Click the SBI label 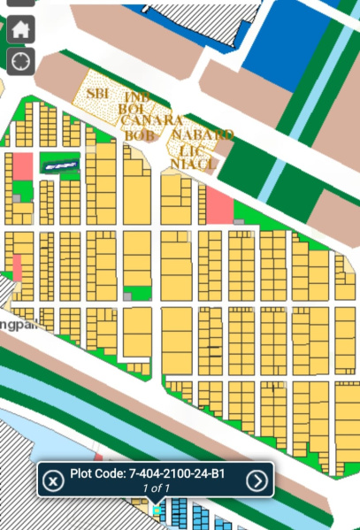coord(96,92)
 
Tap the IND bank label coord(137,96)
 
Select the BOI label coord(134,108)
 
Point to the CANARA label coord(152,120)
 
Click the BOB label coord(140,134)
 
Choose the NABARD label coord(203,134)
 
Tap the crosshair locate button coord(21,61)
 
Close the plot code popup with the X coord(53,480)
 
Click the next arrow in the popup coord(257,480)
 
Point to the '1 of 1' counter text coord(154,488)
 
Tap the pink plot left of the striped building coord(21,165)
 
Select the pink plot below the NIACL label coord(218,206)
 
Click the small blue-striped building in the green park coord(60,163)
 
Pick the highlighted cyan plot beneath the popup coord(157,511)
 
